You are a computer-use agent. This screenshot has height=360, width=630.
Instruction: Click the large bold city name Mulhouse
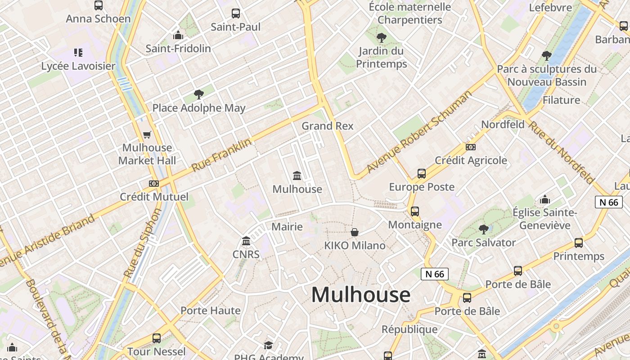[x=360, y=295]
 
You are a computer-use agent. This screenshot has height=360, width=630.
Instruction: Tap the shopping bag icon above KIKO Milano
[x=355, y=232]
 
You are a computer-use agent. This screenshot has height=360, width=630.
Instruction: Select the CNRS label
[x=246, y=254]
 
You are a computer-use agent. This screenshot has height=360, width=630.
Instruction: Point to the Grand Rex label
[x=328, y=126]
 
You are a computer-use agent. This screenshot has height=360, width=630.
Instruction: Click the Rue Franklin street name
[x=221, y=155]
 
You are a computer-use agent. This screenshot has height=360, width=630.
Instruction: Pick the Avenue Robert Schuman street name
[x=419, y=131]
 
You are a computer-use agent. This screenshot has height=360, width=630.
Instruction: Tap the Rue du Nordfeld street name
[x=561, y=152]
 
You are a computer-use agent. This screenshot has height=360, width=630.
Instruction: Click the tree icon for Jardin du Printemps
[x=382, y=38]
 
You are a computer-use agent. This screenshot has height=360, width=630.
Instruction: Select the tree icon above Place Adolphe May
[x=198, y=94]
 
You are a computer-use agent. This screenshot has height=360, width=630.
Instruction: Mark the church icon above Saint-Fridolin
[x=178, y=35]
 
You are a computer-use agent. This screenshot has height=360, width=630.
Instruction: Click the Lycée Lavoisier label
[x=78, y=66]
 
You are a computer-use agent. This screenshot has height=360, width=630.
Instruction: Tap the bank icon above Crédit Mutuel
[x=154, y=184]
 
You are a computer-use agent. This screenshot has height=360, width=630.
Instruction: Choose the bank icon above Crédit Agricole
[x=471, y=147]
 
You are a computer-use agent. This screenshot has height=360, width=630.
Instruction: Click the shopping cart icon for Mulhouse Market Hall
[x=147, y=135]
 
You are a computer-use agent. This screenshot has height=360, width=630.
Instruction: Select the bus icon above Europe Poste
[x=422, y=174]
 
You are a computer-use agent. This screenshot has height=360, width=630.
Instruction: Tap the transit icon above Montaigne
[x=414, y=211]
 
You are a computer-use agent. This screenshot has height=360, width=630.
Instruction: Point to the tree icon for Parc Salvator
[x=483, y=229]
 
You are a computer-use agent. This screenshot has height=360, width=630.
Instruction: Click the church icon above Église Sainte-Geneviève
[x=545, y=199]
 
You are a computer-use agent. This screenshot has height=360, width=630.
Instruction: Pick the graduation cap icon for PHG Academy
[x=269, y=345]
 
